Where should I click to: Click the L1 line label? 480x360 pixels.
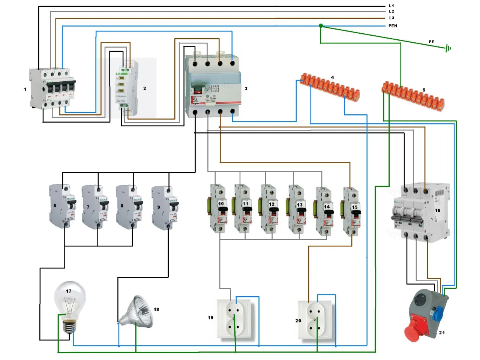pyautogui.click(x=391, y=6)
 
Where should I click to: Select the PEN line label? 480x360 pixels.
pyautogui.click(x=393, y=26)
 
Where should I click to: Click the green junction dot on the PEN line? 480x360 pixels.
pyautogui.click(x=321, y=26)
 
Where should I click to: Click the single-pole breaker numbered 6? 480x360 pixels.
pyautogui.click(x=62, y=206)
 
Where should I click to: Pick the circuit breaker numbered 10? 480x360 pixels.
pyautogui.click(x=218, y=208)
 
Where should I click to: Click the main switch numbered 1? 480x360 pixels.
pyautogui.click(x=52, y=89)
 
